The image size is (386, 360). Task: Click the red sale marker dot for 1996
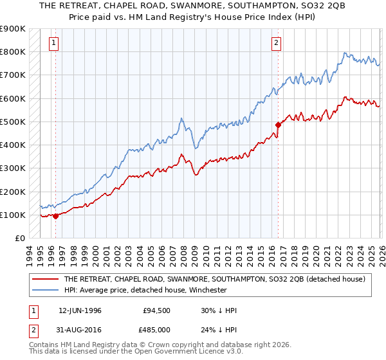[55, 216]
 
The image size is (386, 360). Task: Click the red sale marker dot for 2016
[278, 125]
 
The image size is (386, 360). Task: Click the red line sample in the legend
[46, 279]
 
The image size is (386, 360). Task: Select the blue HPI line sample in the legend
[46, 290]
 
